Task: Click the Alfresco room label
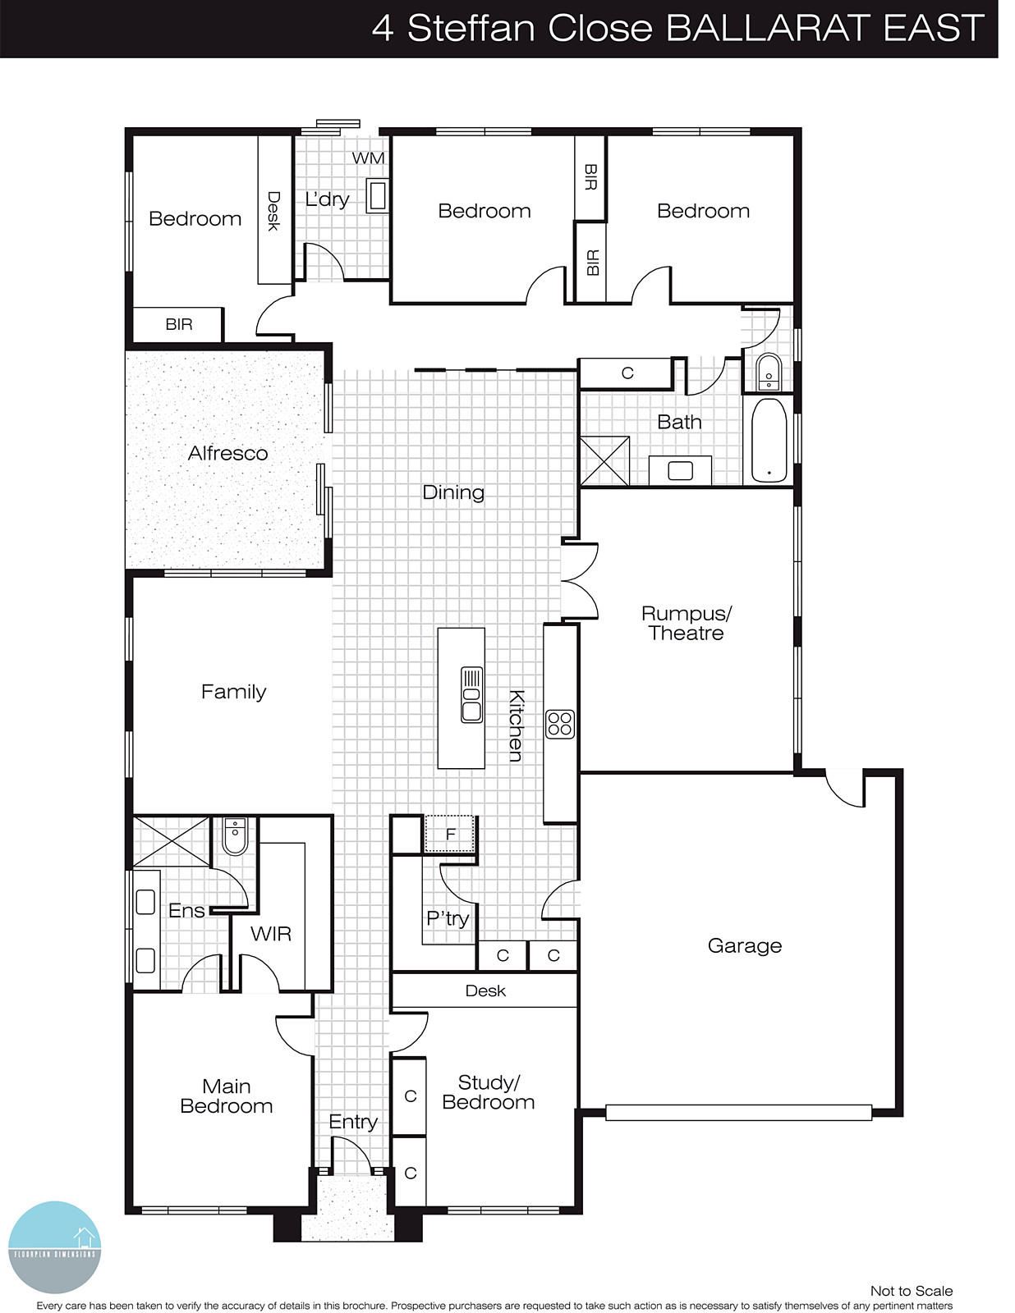coord(227,453)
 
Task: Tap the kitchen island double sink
coord(471,695)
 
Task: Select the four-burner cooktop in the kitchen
coord(560,724)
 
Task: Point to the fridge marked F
coord(450,835)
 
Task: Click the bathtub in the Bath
coord(769,441)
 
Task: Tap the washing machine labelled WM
coord(368,158)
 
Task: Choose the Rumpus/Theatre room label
coord(686,623)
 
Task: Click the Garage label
coord(744,945)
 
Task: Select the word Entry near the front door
coord(353,1122)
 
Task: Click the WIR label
coord(270,933)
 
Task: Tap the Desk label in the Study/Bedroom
coord(485,990)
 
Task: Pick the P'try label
coord(448,918)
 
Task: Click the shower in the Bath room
coord(604,461)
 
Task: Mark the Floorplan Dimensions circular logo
coord(54,1247)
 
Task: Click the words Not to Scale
coord(911,1291)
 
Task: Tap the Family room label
coord(233,692)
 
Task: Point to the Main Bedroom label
coord(226,1096)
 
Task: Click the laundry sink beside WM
coord(378,197)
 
